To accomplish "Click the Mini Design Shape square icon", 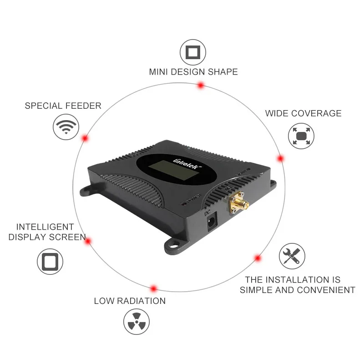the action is (x=193, y=52).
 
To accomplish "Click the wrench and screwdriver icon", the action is (x=292, y=256).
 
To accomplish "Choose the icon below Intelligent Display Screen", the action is (x=50, y=262).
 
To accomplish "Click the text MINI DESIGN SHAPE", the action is (x=193, y=72).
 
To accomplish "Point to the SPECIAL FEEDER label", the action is (x=63, y=106).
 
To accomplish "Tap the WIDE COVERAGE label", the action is (x=303, y=113).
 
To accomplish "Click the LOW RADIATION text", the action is (x=130, y=301).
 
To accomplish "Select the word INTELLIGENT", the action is (x=45, y=227).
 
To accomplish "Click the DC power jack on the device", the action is (x=212, y=222).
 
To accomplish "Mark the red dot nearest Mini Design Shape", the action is (x=200, y=85).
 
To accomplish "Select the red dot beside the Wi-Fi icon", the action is (x=85, y=138).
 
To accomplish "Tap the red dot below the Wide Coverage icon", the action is (x=281, y=158).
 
